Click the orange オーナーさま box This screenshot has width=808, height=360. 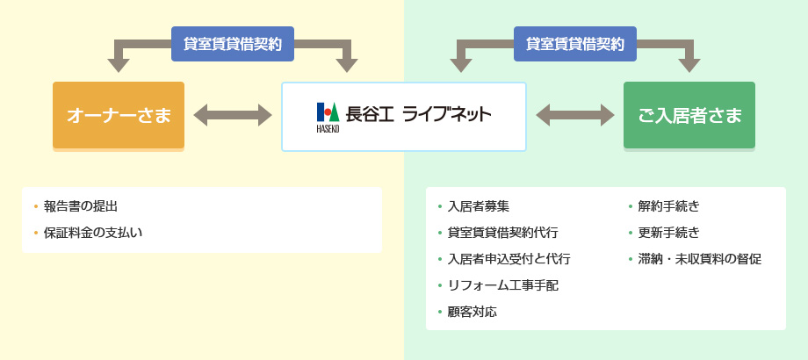point(119,115)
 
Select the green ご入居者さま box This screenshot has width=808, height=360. point(689,115)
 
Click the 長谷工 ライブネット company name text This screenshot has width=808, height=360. point(418,114)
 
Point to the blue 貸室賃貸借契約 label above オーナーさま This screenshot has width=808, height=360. point(233,44)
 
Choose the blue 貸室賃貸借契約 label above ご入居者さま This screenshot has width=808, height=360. point(575,44)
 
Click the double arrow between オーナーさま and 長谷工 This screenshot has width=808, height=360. point(233,115)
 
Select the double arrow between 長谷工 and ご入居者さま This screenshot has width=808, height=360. point(575,115)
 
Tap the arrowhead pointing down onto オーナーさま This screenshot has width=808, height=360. point(119,65)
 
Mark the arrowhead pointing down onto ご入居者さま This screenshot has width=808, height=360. point(689,65)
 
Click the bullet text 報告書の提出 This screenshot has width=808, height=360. point(81,206)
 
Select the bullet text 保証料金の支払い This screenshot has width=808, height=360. point(93,233)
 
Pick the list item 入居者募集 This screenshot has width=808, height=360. point(479,206)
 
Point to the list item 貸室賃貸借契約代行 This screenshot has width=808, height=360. point(503,233)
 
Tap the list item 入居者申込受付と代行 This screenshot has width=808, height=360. point(509,259)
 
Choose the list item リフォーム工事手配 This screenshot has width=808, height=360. point(503,285)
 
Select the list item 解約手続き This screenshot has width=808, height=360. point(669,206)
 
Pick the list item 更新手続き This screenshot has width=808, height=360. point(669,233)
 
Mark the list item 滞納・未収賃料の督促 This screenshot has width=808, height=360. point(700,259)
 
